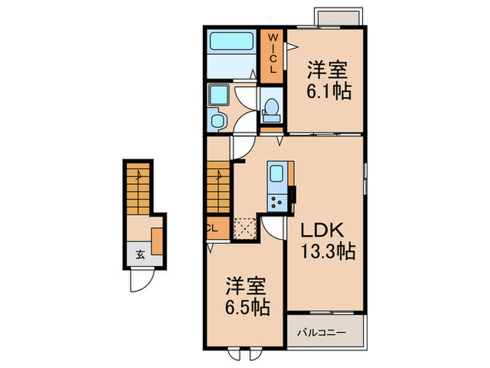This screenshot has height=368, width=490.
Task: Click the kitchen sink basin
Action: (276, 174)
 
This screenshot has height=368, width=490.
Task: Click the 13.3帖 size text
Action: (328, 250)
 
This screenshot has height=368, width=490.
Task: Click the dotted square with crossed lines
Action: (245, 229)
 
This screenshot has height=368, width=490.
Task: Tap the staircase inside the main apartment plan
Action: (218, 185)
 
